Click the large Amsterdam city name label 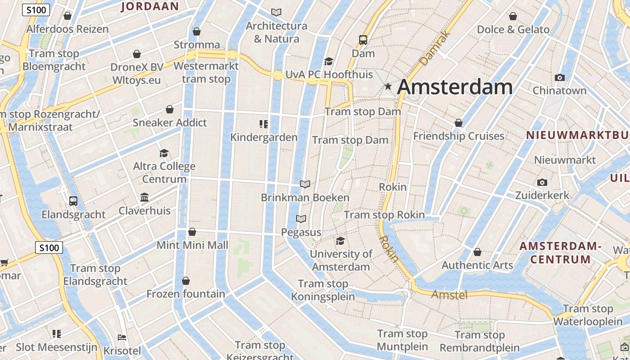454,87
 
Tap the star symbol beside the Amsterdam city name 388,86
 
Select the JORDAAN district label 150,6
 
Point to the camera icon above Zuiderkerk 542,182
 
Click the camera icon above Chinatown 560,77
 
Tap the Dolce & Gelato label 513,30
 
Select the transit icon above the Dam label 363,40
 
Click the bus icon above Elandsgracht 73,201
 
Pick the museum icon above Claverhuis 144,197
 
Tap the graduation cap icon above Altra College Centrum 164,153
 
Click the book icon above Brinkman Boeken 305,184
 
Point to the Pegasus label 301,232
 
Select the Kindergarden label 264,137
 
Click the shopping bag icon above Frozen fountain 186,281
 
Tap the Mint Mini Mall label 192,245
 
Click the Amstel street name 450,295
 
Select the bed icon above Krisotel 121,337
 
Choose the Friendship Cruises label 459,136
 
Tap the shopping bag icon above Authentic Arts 477,252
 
